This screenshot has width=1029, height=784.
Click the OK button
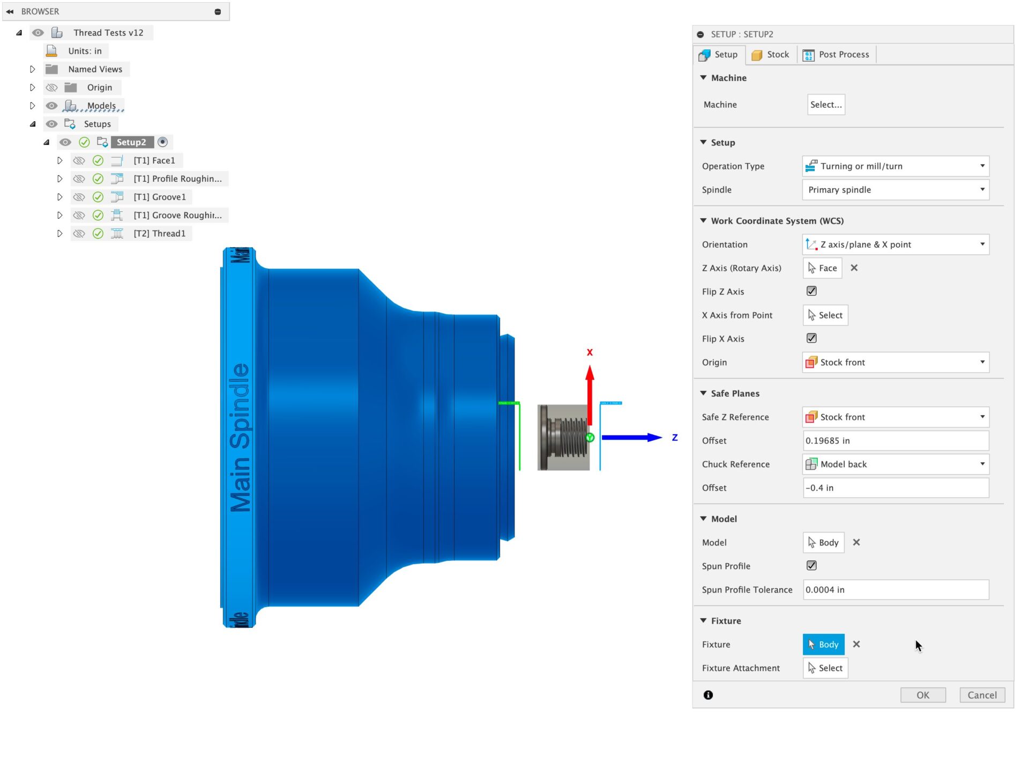[x=922, y=695]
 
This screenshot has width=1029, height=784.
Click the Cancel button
[x=981, y=695]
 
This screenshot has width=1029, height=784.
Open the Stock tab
[x=771, y=55]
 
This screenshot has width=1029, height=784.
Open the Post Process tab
[x=837, y=55]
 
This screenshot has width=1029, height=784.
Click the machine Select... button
[x=825, y=105]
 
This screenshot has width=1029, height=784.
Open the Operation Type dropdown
[x=895, y=166]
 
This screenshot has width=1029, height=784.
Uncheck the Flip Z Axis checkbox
[x=811, y=291]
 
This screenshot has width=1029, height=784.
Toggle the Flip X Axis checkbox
[x=811, y=338]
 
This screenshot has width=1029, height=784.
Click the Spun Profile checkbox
[x=811, y=566]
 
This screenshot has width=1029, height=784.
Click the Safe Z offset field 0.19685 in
[x=895, y=441]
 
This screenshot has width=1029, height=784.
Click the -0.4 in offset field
[x=895, y=488]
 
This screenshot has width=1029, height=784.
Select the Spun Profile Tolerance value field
[x=895, y=590]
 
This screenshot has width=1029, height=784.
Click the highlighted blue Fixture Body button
[x=823, y=645]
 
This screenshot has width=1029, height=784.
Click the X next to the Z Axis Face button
[x=854, y=268]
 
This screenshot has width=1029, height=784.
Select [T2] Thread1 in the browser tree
[x=159, y=234]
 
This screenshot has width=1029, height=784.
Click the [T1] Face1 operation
[x=154, y=161]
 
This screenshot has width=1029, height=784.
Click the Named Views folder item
[x=95, y=69]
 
